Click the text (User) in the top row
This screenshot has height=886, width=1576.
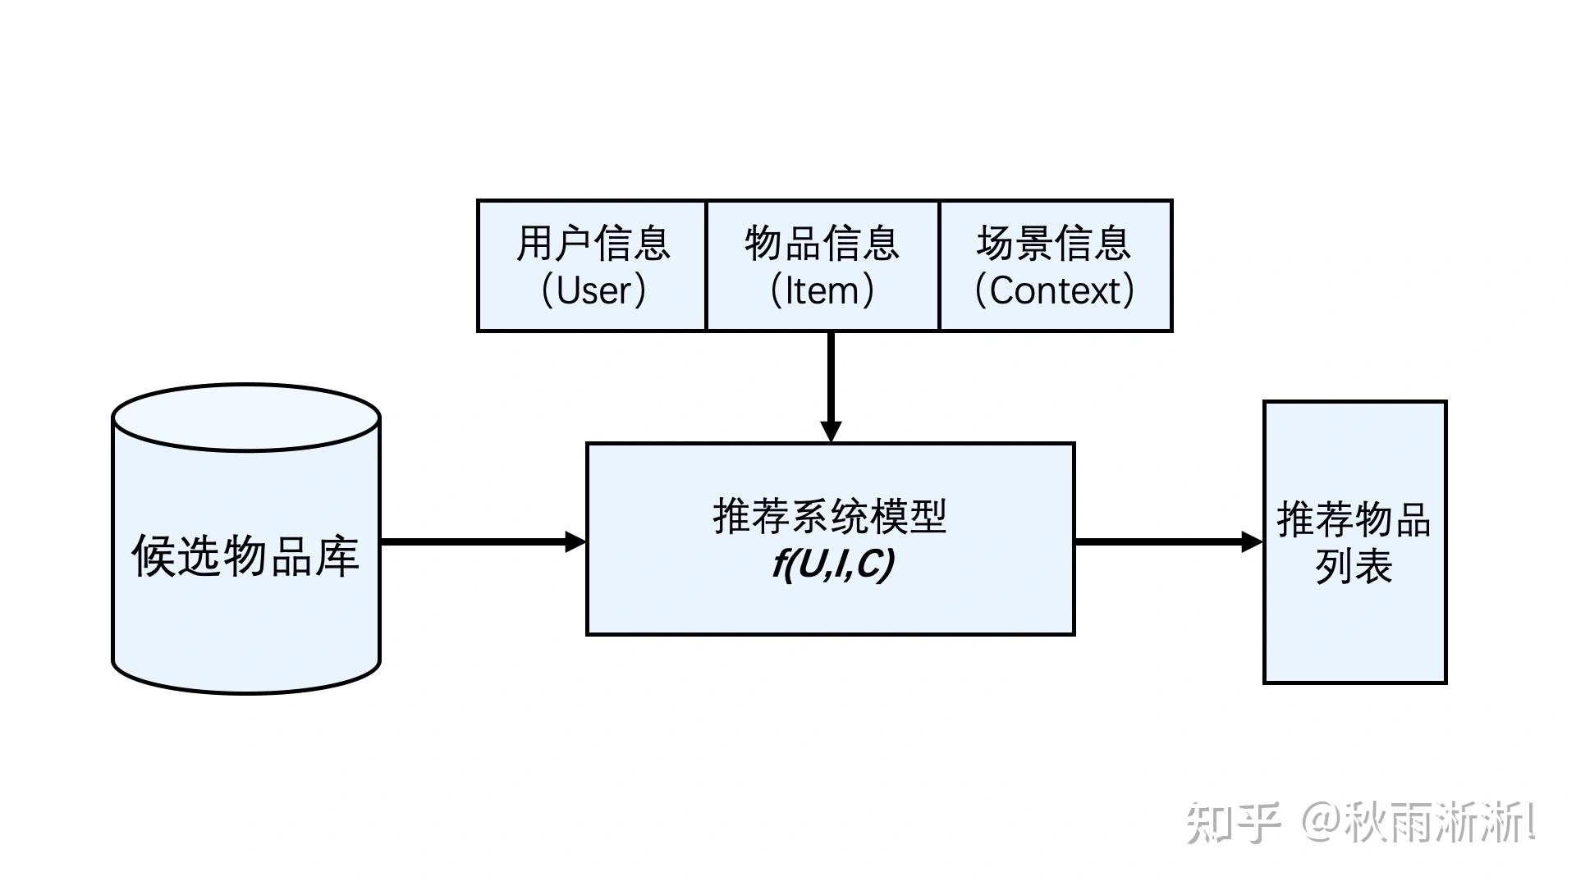point(593,290)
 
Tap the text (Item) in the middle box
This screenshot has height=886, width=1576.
point(822,290)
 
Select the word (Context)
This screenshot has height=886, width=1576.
point(1054,290)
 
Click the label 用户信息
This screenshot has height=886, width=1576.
point(593,244)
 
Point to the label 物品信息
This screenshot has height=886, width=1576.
point(822,244)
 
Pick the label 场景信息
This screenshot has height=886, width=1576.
point(1054,244)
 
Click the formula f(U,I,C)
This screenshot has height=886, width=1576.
point(832,564)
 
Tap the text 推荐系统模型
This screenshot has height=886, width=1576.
point(830,517)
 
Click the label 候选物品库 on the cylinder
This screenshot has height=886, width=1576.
point(245,556)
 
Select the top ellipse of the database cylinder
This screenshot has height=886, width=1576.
point(245,418)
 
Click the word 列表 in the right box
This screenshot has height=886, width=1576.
point(1354,566)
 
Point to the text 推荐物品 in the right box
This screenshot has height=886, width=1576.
point(1354,520)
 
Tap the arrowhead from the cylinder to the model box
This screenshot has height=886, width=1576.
point(575,541)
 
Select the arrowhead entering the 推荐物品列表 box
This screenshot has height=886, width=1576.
point(1252,541)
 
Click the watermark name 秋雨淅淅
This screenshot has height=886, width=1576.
point(1436,823)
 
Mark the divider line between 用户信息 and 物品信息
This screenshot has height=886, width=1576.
point(706,265)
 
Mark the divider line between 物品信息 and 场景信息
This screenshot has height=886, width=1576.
point(939,265)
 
